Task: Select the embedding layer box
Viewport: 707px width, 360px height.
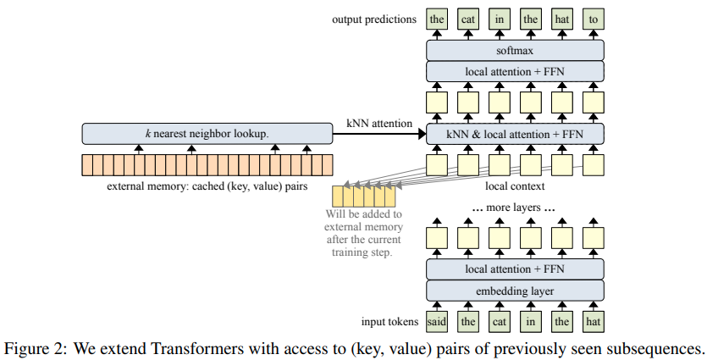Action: coord(515,291)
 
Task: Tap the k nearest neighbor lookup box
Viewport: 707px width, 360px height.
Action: coord(207,133)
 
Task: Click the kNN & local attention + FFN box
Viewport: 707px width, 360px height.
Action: coord(515,133)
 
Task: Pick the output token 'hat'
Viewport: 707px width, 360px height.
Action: coord(561,19)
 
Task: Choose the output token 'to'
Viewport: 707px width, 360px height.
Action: coord(593,19)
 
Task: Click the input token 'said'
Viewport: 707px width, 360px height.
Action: coord(437,323)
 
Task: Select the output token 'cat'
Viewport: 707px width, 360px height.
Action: coord(468,19)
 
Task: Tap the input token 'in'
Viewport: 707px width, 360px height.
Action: coord(531,323)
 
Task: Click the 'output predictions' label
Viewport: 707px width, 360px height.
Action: coord(375,19)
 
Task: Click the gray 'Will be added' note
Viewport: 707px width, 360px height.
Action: coord(365,234)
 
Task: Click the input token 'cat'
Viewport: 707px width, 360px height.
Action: coord(500,323)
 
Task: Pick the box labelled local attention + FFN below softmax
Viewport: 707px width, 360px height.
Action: coord(515,71)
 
